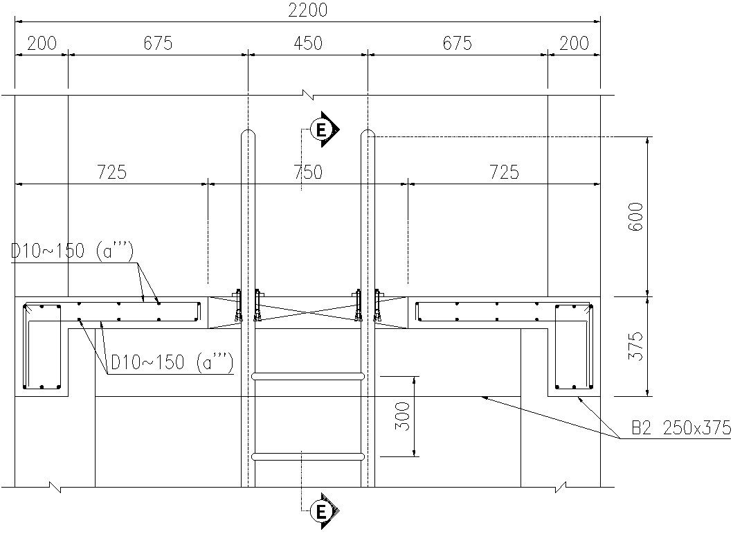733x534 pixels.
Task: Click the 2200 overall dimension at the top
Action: (x=307, y=10)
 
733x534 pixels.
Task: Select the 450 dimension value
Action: (x=307, y=43)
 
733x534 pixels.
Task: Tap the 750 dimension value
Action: (x=307, y=172)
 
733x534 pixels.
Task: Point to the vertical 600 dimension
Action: (x=636, y=216)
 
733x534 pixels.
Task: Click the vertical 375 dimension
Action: (x=636, y=346)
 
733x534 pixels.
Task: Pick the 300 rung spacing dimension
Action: (x=402, y=416)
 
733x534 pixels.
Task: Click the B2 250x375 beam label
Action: (x=680, y=428)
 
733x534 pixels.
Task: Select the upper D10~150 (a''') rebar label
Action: (x=73, y=251)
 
